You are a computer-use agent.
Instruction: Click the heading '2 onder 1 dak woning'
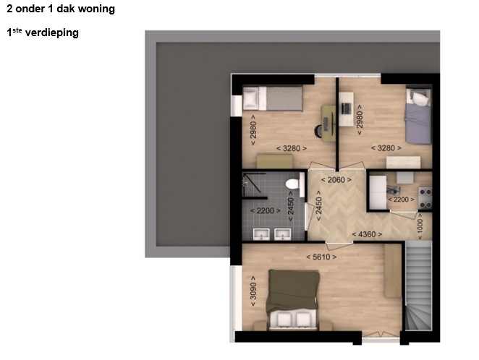pyautogui.click(x=61, y=9)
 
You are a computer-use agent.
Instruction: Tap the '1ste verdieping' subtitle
pyautogui.click(x=43, y=33)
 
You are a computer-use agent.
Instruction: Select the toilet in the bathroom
pyautogui.click(x=292, y=184)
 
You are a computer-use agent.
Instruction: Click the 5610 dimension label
pyautogui.click(x=321, y=257)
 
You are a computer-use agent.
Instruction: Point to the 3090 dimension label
pyautogui.click(x=253, y=291)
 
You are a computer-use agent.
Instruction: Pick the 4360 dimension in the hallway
pyautogui.click(x=367, y=234)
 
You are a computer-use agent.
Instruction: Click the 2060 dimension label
pyautogui.click(x=336, y=180)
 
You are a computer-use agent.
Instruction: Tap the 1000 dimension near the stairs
pyautogui.click(x=420, y=226)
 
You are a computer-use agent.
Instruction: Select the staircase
pyautogui.click(x=418, y=286)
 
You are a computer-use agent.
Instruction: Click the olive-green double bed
pyautogui.click(x=292, y=300)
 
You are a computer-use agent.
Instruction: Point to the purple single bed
pyautogui.click(x=418, y=116)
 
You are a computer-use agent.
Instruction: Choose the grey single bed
pyautogui.click(x=273, y=98)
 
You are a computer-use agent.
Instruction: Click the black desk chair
pyautogui.click(x=318, y=131)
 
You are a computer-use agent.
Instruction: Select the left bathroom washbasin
pyautogui.click(x=261, y=234)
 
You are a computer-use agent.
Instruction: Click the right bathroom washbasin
pyautogui.click(x=283, y=234)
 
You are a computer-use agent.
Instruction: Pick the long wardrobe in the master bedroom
pyautogui.click(x=393, y=270)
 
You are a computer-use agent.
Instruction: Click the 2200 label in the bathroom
pyautogui.click(x=265, y=210)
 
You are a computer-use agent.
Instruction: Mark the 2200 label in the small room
pyautogui.click(x=401, y=200)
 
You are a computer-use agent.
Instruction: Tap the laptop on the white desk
pyautogui.click(x=346, y=108)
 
